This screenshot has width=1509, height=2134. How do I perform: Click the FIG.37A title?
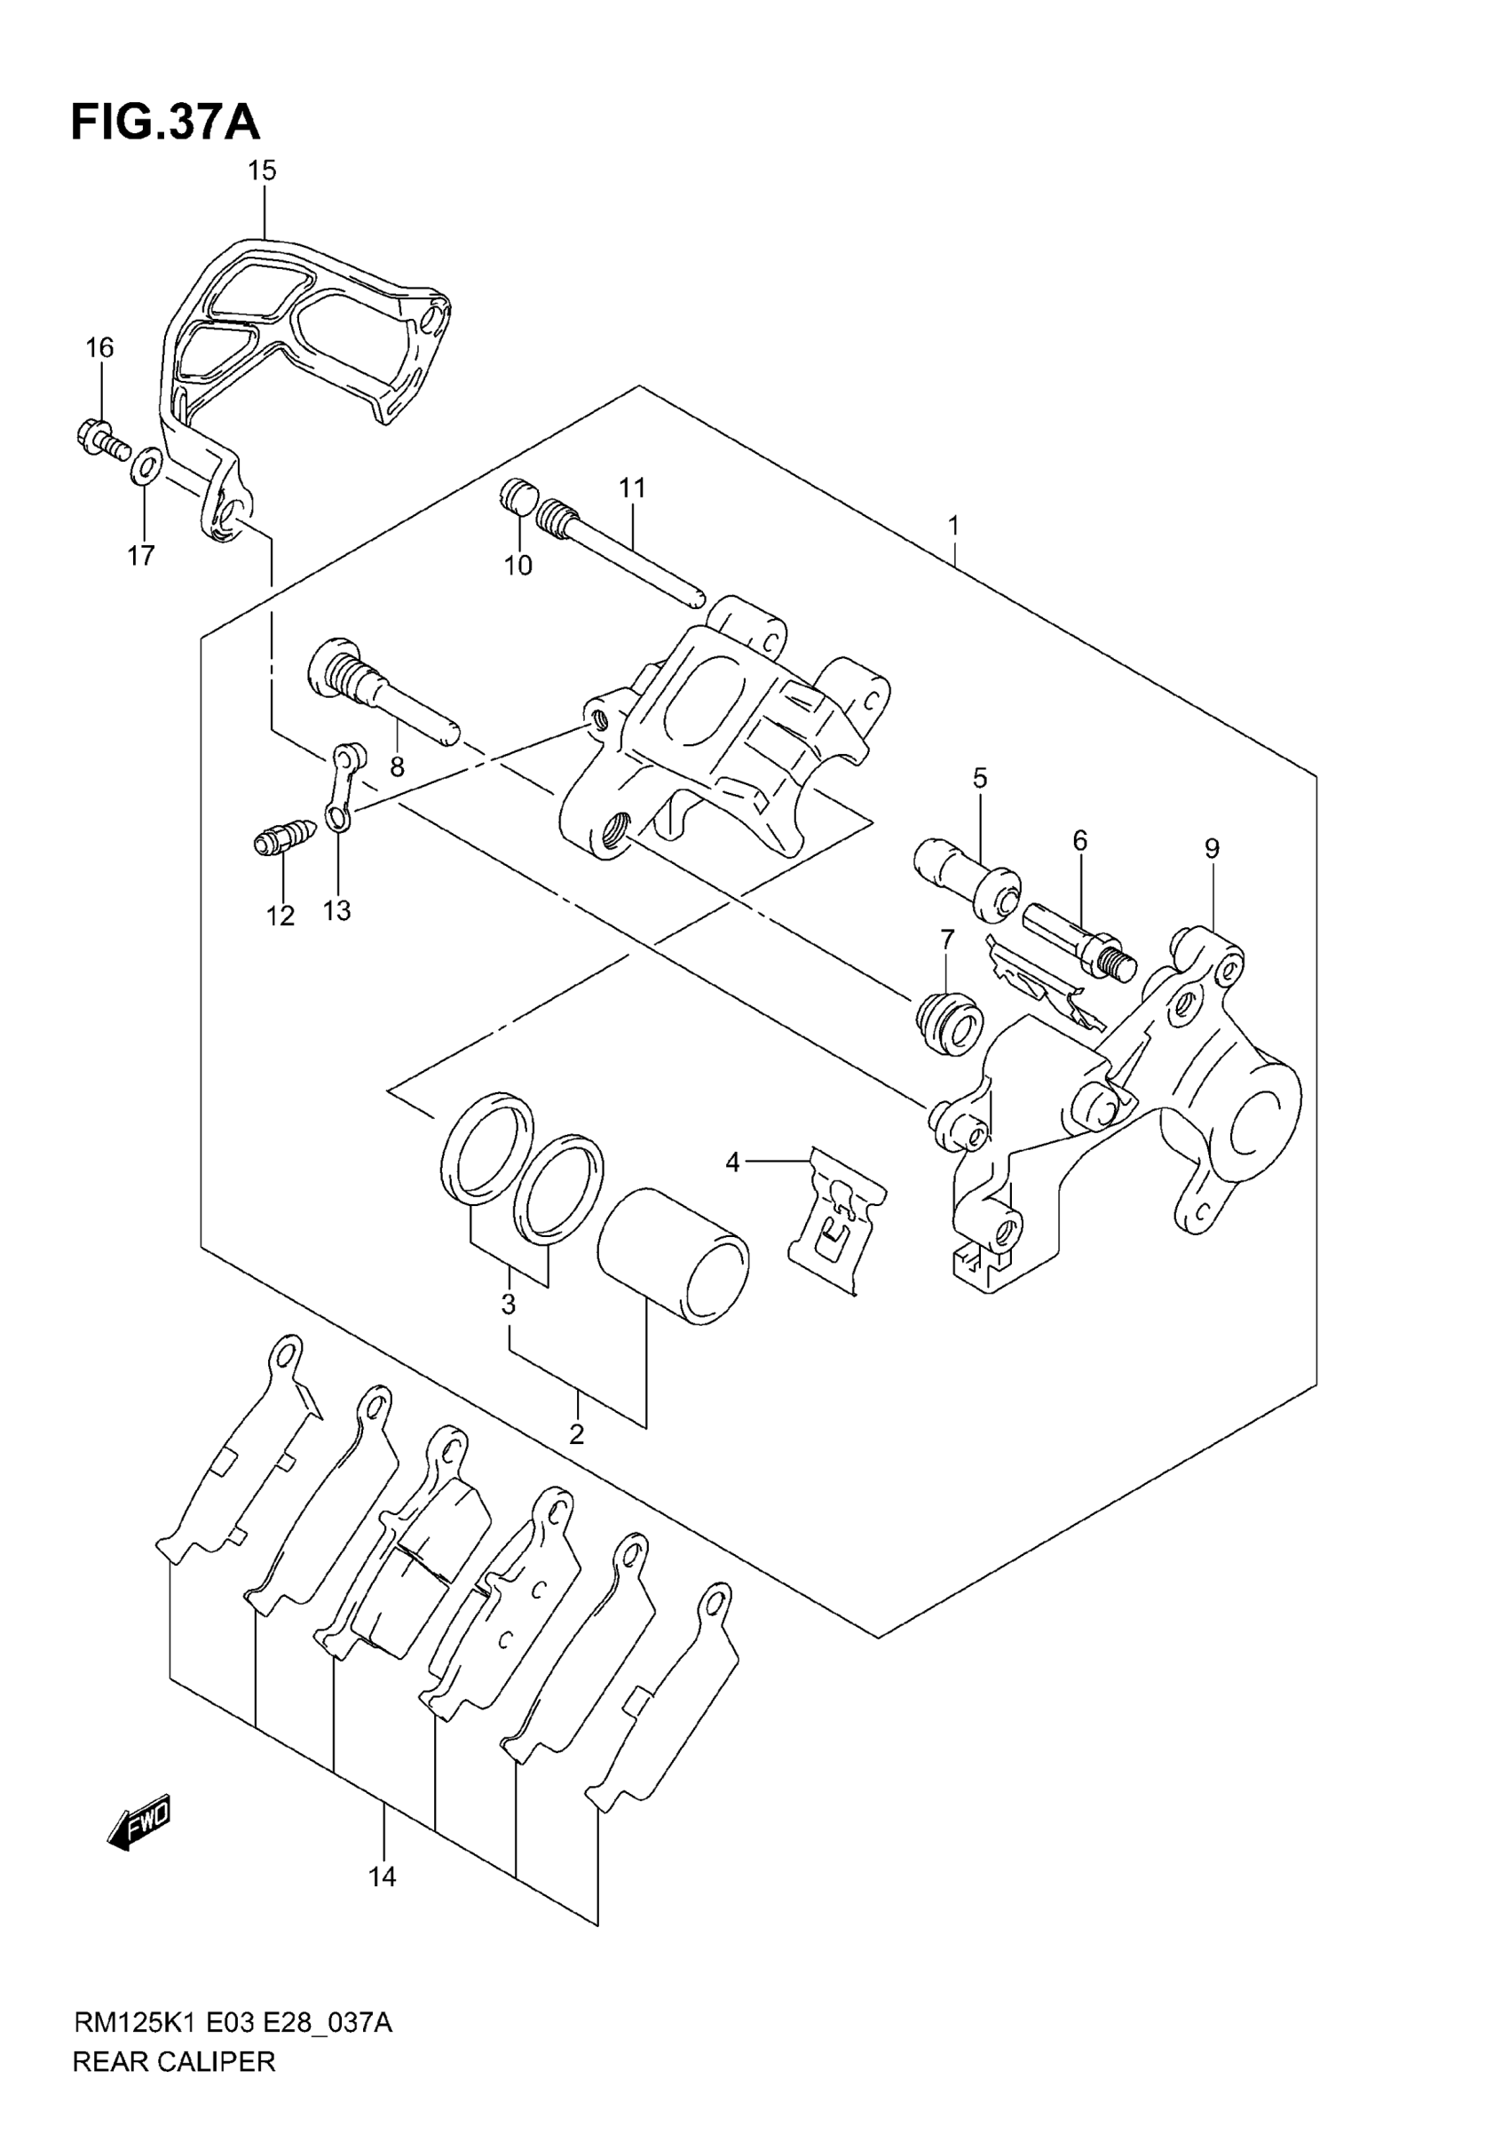(165, 123)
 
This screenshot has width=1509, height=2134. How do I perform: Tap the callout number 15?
(262, 171)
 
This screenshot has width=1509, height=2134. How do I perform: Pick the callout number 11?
(632, 488)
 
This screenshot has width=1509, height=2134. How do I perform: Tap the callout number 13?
(336, 911)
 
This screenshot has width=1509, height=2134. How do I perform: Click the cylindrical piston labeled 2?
(673, 1257)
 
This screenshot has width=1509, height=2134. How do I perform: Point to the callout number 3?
(509, 1305)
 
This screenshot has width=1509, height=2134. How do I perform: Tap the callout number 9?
(1212, 849)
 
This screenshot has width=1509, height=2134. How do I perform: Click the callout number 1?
(953, 527)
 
